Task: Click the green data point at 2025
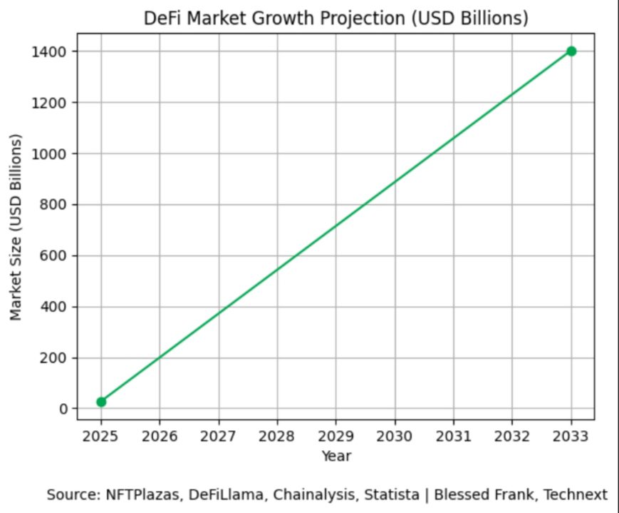click(101, 402)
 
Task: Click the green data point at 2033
click(571, 51)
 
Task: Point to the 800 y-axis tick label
click(55, 205)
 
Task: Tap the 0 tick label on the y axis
click(63, 409)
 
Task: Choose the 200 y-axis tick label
click(55, 358)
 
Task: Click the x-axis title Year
click(336, 455)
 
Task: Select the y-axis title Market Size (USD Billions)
click(16, 226)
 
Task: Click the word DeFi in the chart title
click(160, 18)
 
